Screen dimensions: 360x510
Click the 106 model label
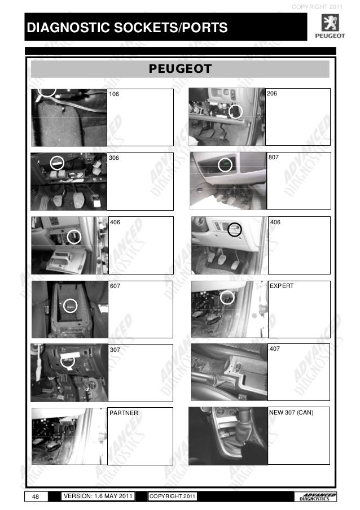coord(114,94)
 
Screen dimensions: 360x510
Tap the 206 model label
coord(271,93)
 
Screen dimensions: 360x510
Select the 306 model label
coord(114,158)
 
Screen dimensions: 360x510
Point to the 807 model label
coord(274,157)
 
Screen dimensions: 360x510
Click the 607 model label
coord(115,286)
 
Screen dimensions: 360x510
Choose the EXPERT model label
coord(282,286)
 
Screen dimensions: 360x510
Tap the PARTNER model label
coord(124,413)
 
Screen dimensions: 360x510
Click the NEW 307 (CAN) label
coord(291,412)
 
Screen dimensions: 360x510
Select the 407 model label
coord(275,348)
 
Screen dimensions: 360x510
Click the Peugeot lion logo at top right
coord(330,23)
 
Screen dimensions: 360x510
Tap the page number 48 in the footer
coord(36,496)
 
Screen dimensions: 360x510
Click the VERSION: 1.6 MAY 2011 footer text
coord(98,496)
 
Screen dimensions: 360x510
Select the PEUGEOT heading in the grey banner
coord(181,69)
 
